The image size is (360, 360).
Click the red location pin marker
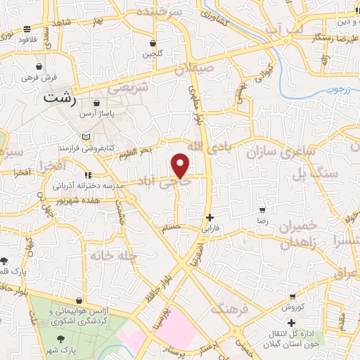tap(181, 165)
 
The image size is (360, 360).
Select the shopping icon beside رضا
tap(262, 210)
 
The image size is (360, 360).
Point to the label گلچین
tap(151, 53)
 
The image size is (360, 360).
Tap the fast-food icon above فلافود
tap(27, 30)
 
